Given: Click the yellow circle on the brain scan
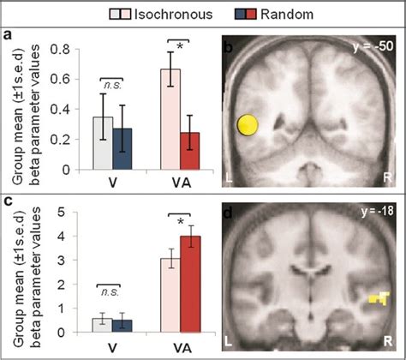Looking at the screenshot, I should coord(248,127).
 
